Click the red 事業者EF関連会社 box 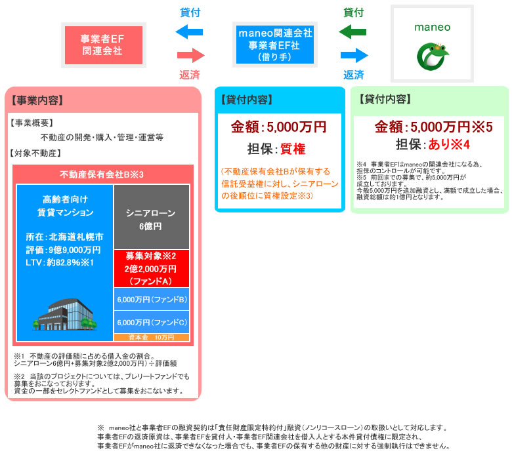click(x=102, y=45)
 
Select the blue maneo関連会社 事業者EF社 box click(x=274, y=44)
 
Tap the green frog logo click(x=433, y=56)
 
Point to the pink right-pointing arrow click(x=191, y=54)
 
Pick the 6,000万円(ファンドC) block click(x=152, y=323)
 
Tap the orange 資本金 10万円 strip click(x=152, y=337)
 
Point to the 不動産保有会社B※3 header click(x=102, y=174)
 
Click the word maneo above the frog click(x=433, y=28)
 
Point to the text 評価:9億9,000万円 click(x=64, y=250)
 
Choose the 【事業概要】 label click(x=32, y=123)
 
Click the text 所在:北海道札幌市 click(x=64, y=236)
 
